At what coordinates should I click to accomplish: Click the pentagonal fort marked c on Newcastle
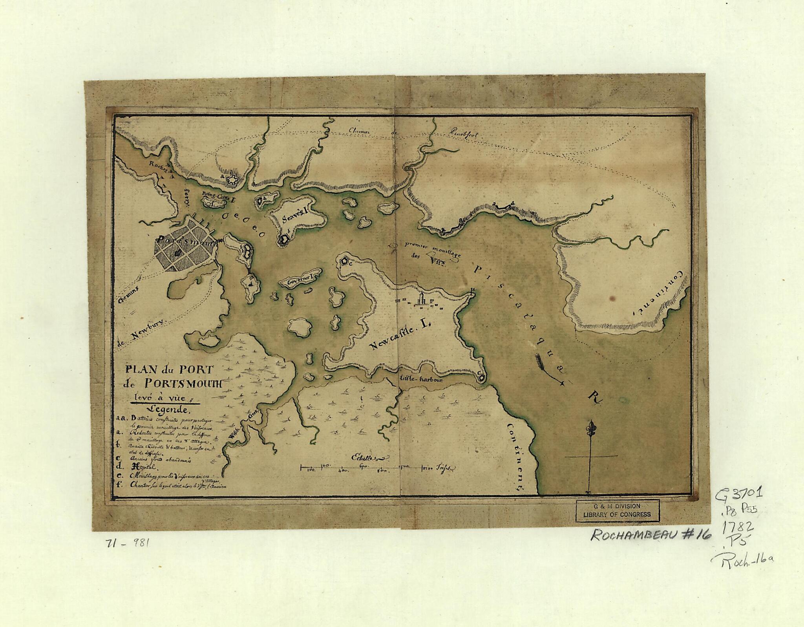point(345,261)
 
